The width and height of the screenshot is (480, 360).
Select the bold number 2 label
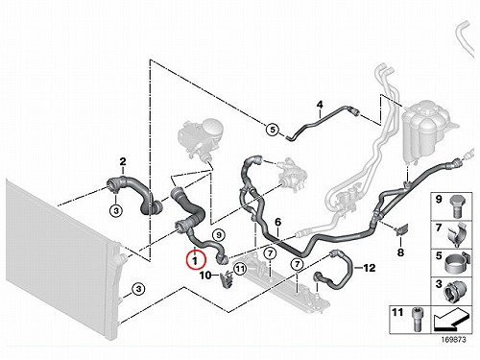(123, 162)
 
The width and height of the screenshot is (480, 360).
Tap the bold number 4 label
(320, 105)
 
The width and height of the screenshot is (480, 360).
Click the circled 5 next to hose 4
(273, 130)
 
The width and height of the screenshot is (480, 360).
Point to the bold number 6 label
(277, 222)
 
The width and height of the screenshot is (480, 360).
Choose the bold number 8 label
(400, 252)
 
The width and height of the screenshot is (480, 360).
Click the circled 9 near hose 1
(219, 235)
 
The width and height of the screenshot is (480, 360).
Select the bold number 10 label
(205, 275)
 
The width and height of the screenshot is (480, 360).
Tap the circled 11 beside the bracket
(240, 269)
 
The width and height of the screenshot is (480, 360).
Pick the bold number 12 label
(370, 268)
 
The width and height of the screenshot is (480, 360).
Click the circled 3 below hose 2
(116, 211)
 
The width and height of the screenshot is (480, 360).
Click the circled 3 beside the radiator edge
(138, 289)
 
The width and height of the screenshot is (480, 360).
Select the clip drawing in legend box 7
(457, 234)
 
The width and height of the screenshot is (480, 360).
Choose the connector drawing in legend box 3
(455, 292)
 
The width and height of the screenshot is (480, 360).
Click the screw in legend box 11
(416, 320)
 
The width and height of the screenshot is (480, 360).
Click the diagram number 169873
(453, 340)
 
